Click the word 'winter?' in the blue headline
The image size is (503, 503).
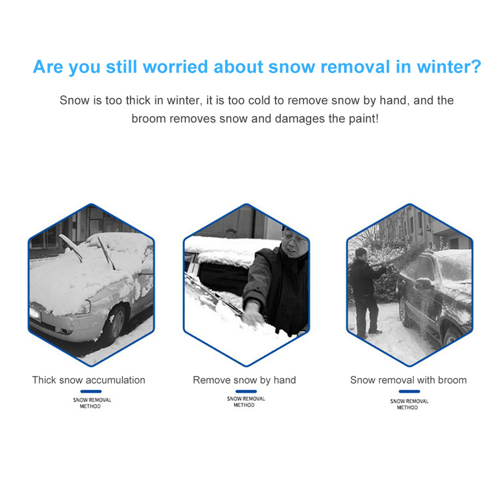tap(449, 67)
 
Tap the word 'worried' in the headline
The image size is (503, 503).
tap(176, 67)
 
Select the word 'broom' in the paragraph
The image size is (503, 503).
tap(149, 118)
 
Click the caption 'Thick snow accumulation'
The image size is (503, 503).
tap(88, 380)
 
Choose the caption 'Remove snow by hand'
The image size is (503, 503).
tap(244, 380)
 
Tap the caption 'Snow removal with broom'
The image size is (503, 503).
tap(408, 380)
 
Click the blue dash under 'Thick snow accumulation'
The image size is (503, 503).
tap(91, 392)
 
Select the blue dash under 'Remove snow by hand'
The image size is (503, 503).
tap(246, 392)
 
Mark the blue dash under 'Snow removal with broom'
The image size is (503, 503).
tap(409, 392)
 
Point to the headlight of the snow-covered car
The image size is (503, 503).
tap(84, 307)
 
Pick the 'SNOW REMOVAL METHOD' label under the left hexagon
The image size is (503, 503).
tap(92, 403)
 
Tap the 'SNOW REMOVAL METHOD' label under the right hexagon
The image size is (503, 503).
tap(409, 404)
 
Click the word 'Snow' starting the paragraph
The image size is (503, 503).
tap(74, 100)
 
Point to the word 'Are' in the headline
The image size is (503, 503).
tap(48, 67)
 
